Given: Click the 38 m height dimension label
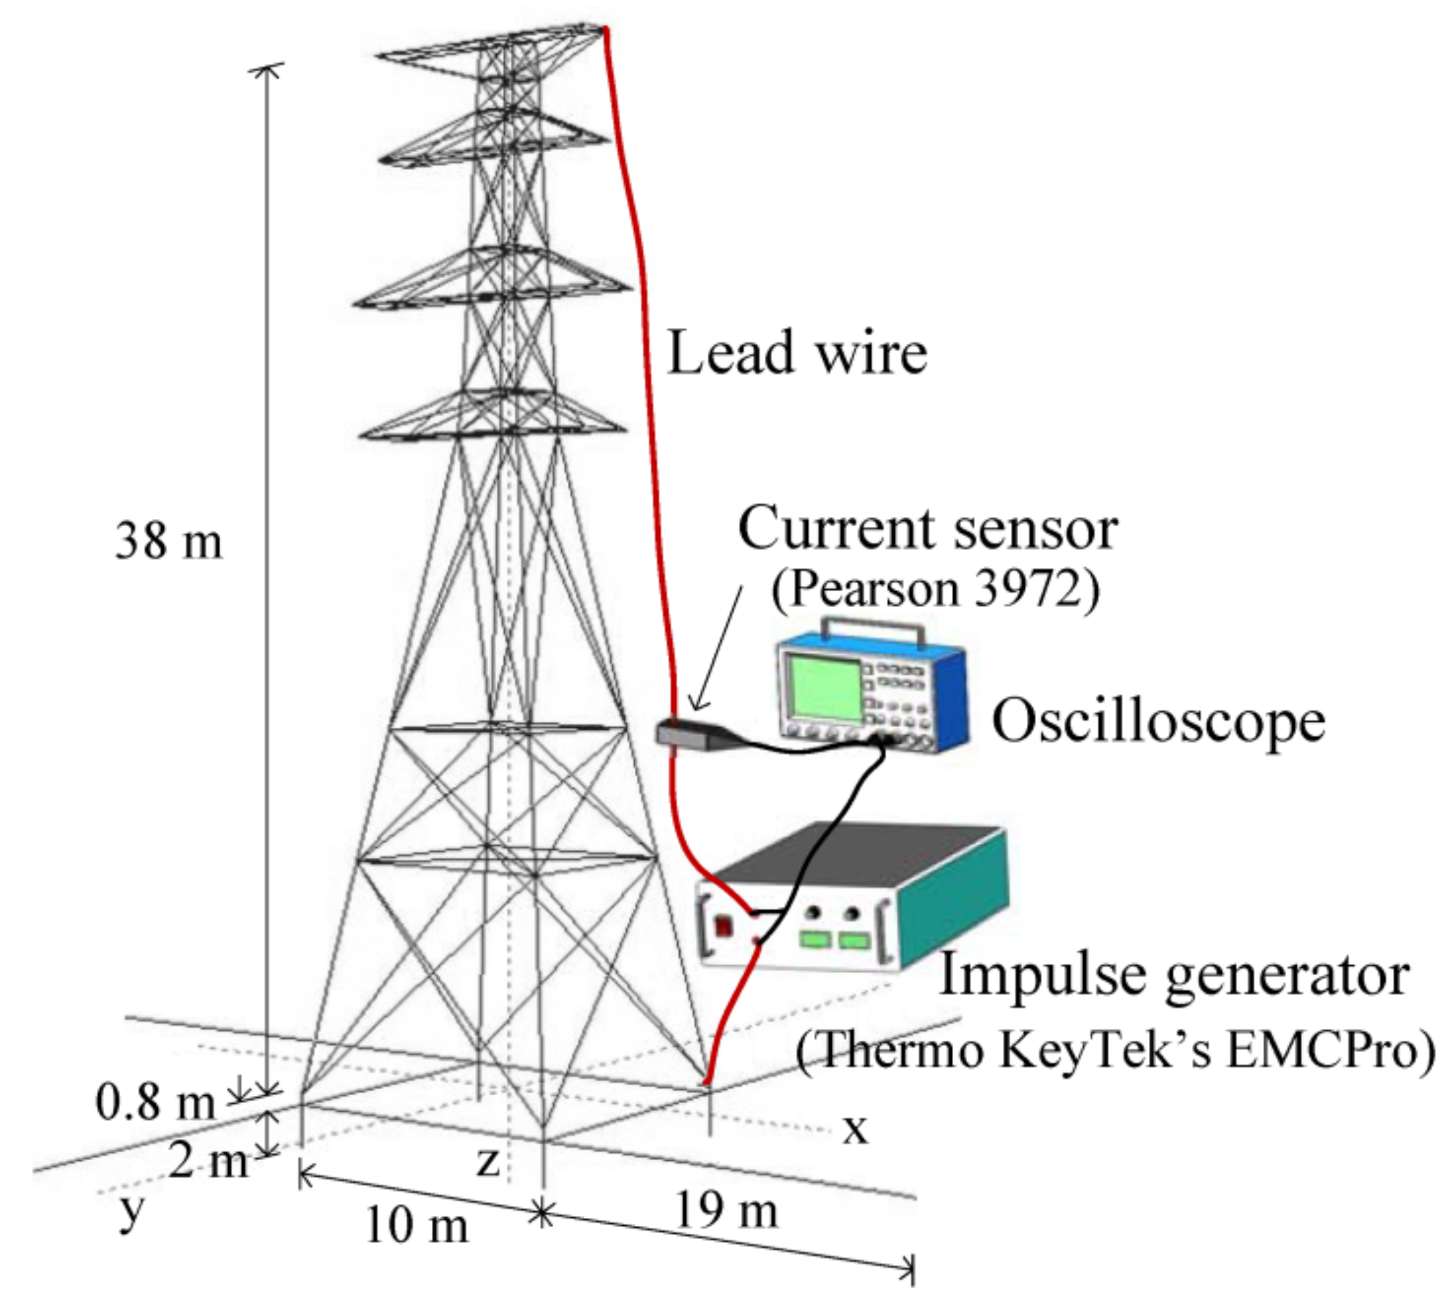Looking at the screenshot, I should pos(169,541).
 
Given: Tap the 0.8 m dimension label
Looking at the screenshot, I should pos(155,1103).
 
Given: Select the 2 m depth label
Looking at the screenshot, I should pos(208,1162).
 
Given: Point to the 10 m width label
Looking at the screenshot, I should pos(417,1225).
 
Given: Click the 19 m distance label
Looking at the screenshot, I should pos(726,1211).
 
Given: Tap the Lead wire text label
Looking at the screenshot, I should pos(797,352).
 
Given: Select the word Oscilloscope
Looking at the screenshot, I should pos(1159,721).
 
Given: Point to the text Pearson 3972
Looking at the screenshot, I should pos(936,590).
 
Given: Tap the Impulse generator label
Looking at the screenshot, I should pos(1173,974).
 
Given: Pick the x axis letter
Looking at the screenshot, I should pos(855,1128).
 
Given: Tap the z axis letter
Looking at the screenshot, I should pos(489,1163).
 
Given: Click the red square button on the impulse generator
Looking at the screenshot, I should pos(723,925).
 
